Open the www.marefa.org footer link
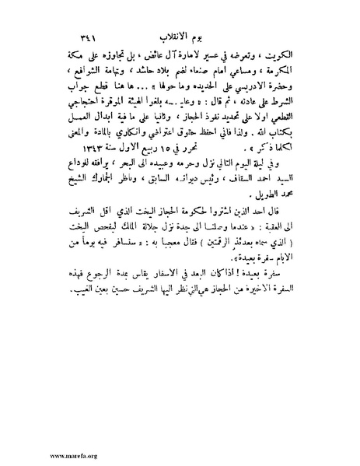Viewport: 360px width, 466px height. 31,454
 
